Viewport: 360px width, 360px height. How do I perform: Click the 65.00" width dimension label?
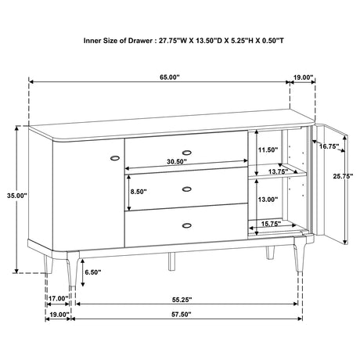click(170, 77)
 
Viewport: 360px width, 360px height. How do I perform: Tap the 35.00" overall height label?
click(17, 196)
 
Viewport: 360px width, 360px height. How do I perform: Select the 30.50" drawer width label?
click(177, 162)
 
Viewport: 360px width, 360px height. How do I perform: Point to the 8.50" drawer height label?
click(139, 192)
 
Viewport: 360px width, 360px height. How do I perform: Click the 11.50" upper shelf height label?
click(268, 149)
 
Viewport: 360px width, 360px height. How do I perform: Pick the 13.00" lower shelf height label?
click(268, 200)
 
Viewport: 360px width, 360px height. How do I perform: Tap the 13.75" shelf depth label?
click(278, 171)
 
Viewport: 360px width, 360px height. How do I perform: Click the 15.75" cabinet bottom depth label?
click(271, 224)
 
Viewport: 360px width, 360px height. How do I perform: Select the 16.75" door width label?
click(329, 146)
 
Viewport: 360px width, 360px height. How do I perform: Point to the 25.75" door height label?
click(343, 176)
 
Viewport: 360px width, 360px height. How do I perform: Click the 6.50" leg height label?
click(93, 272)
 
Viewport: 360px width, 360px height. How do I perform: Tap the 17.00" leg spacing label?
click(59, 298)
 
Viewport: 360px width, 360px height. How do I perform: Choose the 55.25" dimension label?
click(182, 300)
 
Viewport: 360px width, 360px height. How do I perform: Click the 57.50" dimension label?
click(182, 315)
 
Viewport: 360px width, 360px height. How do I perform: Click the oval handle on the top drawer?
click(186, 153)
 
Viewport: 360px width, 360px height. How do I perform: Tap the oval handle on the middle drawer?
click(186, 189)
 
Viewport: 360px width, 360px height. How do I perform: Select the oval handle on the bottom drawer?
click(186, 225)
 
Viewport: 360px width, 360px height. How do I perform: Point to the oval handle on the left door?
click(115, 158)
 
